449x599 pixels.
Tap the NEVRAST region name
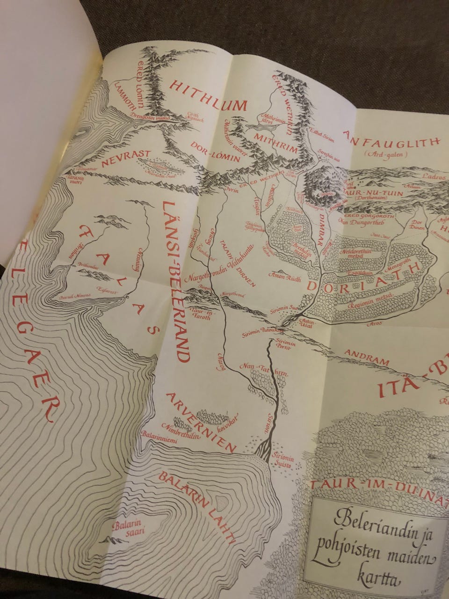coord(118,153)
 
